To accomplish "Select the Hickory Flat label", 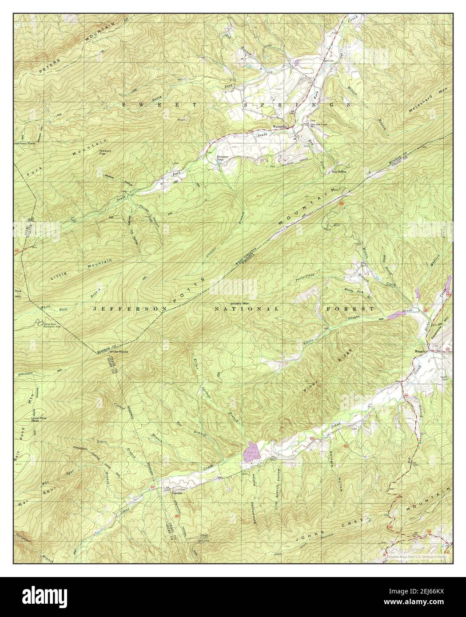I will click(105, 152).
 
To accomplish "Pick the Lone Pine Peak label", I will click(39, 419).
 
